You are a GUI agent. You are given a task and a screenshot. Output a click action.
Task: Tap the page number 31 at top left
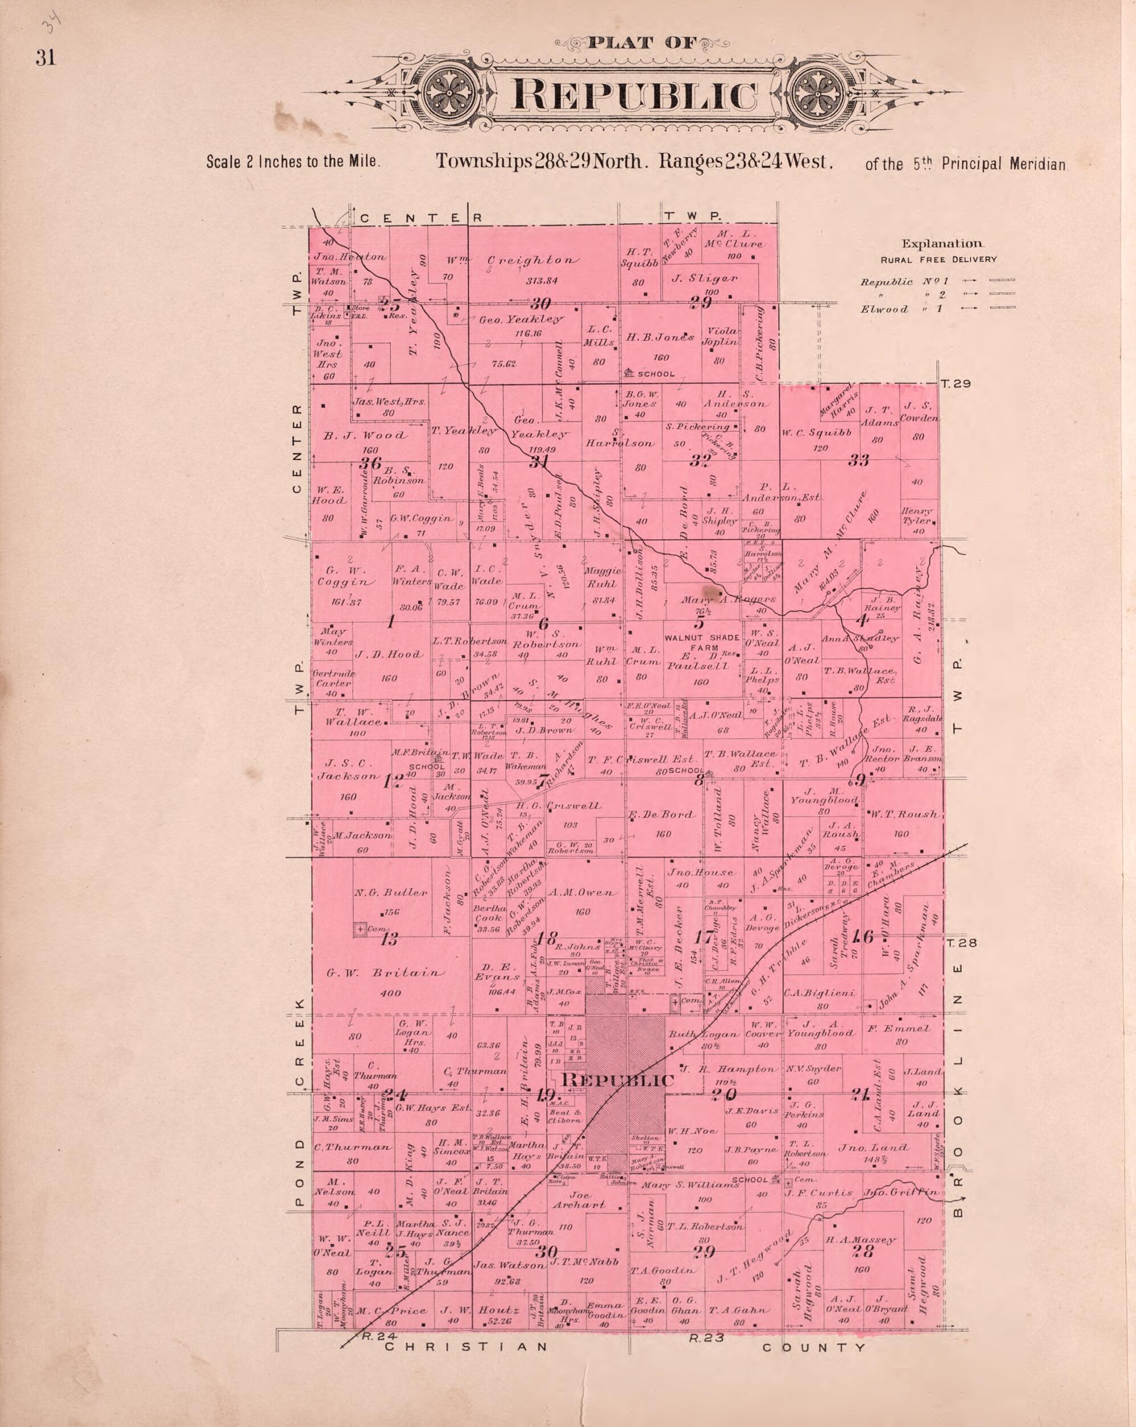pyautogui.click(x=46, y=58)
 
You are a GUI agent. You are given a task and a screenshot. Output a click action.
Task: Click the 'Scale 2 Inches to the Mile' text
pyautogui.click(x=293, y=162)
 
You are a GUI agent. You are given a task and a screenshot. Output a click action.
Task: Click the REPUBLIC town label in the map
pyautogui.click(x=618, y=1080)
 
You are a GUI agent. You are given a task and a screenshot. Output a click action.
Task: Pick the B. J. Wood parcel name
pyautogui.click(x=365, y=435)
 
